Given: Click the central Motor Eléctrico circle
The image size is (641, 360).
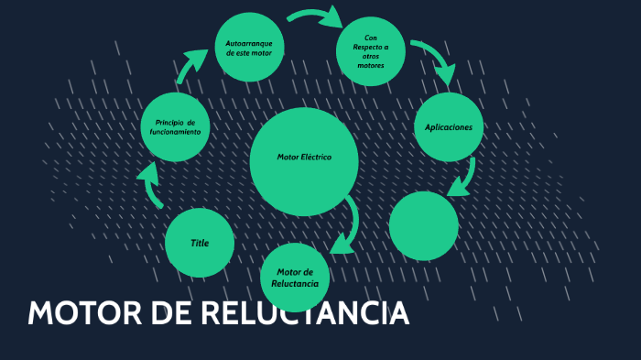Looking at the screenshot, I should coord(303,161).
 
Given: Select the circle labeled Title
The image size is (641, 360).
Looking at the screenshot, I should coord(200,243).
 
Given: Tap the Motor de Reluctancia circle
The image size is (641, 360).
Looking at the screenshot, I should coord(295,277).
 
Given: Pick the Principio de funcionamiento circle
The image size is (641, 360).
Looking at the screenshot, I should coord(176,127).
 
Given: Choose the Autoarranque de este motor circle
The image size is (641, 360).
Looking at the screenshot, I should coord(249,47).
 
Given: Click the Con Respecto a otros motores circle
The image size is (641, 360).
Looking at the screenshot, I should coord(371,51).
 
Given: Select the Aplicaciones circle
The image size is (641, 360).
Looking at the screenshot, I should coord(449,127).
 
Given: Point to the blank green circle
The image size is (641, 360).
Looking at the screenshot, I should coord(423,225).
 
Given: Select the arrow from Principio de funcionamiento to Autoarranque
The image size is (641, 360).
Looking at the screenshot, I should coord(192,67).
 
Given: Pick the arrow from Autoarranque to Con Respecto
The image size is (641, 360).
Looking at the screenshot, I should coord(314,16).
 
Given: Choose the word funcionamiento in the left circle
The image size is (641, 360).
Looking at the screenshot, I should coord(176,132).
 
